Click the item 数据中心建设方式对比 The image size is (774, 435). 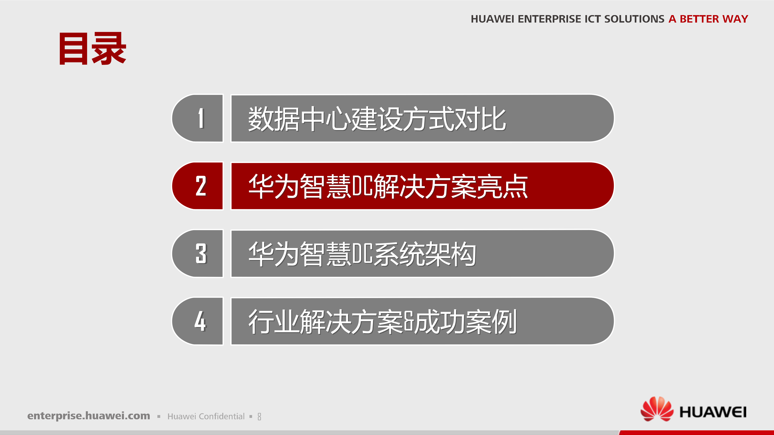(x=377, y=119)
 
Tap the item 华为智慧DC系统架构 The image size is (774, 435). (x=362, y=254)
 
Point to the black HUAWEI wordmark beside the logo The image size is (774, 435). (x=713, y=412)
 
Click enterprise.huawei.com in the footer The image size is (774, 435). (x=89, y=416)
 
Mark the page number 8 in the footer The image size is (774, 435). (x=259, y=417)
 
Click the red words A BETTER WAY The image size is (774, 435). (x=708, y=19)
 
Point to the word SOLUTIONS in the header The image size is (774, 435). (x=634, y=19)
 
